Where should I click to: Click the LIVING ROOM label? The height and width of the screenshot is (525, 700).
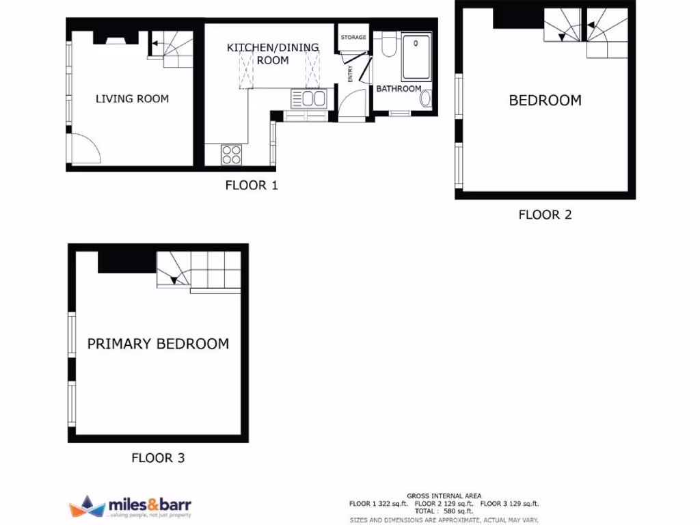point(132,98)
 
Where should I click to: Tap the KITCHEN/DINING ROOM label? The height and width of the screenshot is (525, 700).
point(273,54)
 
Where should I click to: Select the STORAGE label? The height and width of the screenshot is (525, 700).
point(353,37)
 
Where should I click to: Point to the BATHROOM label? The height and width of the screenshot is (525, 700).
point(399,89)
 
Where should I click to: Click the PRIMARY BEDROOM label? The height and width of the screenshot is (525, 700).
point(158,343)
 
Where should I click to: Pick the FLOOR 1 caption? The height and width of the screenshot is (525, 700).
point(252,185)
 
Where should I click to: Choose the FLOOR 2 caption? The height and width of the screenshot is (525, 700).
point(545,215)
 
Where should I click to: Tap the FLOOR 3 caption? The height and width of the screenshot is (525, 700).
point(158,458)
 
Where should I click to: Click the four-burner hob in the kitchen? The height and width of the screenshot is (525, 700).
point(231,155)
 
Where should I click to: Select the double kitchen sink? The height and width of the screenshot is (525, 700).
point(310,99)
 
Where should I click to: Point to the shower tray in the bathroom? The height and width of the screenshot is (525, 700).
point(416,57)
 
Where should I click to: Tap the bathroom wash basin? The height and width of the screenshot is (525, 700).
point(426,99)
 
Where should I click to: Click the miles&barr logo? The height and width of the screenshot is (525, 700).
point(131,507)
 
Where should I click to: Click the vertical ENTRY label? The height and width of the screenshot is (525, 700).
point(350,73)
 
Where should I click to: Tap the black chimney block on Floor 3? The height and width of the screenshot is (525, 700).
point(127,262)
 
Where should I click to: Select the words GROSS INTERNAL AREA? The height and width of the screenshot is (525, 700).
point(444,496)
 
